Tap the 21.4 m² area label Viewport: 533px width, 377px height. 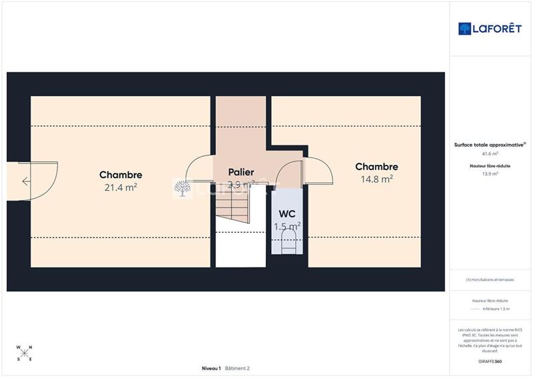[121, 187]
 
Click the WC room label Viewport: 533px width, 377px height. [287, 215]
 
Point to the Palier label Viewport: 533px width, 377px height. [241, 172]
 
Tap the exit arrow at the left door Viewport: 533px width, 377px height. [25, 181]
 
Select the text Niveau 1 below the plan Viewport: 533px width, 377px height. [211, 368]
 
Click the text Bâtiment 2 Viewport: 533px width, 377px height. [237, 368]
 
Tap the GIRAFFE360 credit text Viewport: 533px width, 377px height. [490, 361]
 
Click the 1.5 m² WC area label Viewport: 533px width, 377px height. [287, 226]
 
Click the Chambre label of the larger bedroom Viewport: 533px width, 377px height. [121, 175]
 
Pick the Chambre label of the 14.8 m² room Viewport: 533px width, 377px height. [376, 167]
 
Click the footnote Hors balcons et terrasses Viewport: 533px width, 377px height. [490, 280]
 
